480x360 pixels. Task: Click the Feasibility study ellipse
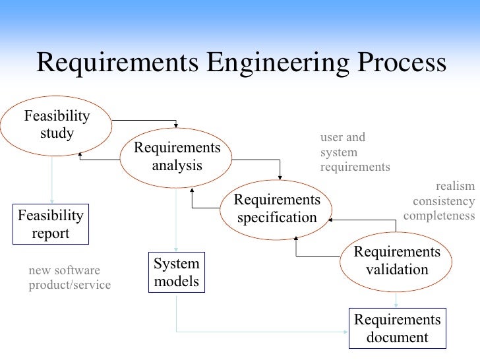click(57, 125)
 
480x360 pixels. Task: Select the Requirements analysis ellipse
click(177, 156)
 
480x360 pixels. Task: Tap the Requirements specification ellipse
click(277, 208)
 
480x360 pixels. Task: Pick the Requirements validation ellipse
click(396, 261)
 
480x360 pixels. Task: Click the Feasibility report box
click(51, 224)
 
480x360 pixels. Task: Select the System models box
click(176, 272)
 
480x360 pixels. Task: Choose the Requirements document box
click(396, 328)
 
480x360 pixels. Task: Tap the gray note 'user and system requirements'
click(354, 152)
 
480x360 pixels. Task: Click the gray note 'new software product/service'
click(69, 278)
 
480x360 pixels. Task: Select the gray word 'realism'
click(455, 187)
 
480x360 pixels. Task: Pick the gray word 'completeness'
click(438, 215)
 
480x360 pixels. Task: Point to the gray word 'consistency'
click(444, 201)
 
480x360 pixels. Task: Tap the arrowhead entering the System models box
click(176, 248)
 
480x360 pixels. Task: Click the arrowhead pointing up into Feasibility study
click(80, 154)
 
